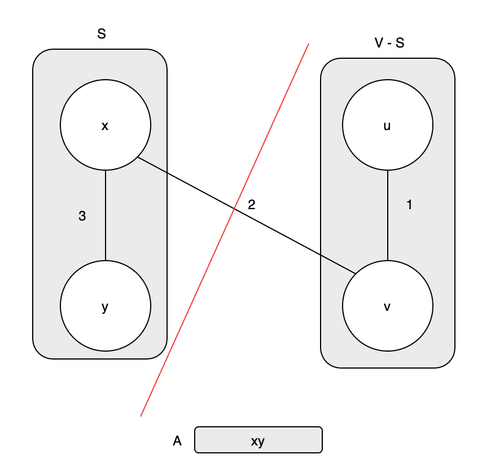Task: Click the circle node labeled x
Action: pyautogui.click(x=106, y=125)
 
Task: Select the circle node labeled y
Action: pyautogui.click(x=106, y=306)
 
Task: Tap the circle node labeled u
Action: pyautogui.click(x=388, y=125)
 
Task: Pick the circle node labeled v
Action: pyautogui.click(x=388, y=306)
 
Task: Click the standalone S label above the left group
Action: pyautogui.click(x=102, y=34)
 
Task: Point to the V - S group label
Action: pyautogui.click(x=389, y=43)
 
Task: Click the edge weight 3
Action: pyautogui.click(x=82, y=215)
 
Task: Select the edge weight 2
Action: pyautogui.click(x=252, y=205)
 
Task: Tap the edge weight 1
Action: pyautogui.click(x=409, y=205)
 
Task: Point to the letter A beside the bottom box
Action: pyautogui.click(x=177, y=441)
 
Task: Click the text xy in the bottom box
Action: pyautogui.click(x=258, y=441)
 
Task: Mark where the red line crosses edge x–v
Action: pyautogui.click(x=235, y=209)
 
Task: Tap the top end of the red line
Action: pyautogui.click(x=308, y=44)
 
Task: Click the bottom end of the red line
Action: pyautogui.click(x=141, y=416)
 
